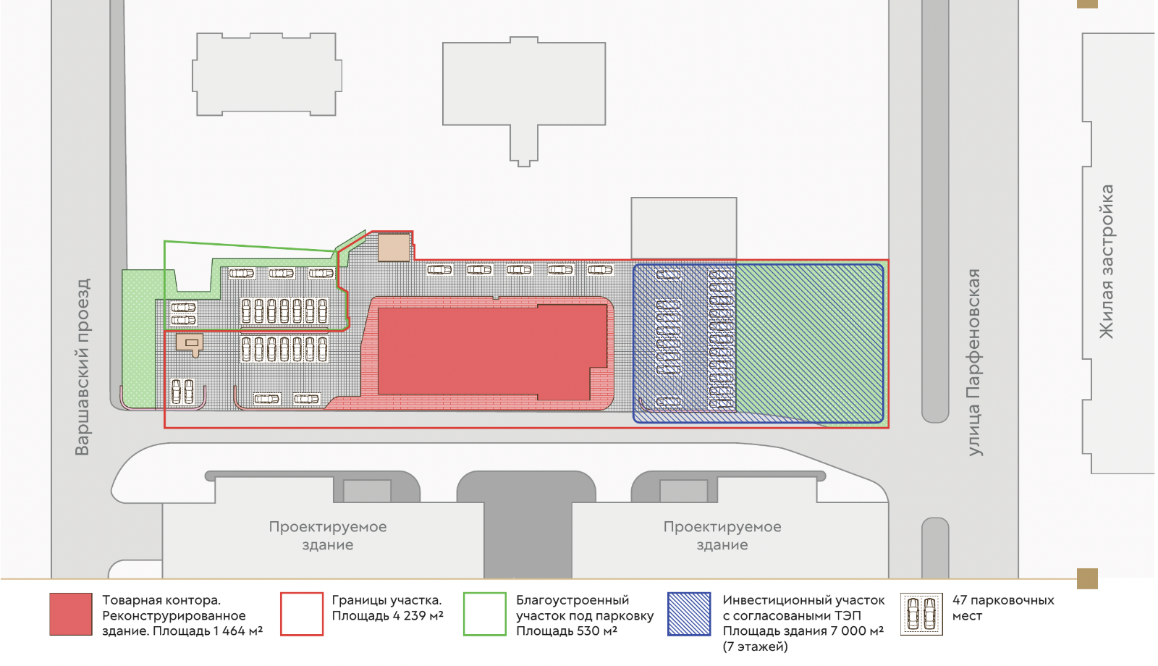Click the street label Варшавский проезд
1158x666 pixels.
[x=83, y=366]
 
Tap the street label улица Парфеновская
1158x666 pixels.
[x=974, y=362]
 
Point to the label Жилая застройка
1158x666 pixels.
[x=1107, y=261]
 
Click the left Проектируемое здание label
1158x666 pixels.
[x=328, y=536]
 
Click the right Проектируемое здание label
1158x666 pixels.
[x=722, y=536]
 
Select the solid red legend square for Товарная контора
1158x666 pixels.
[x=71, y=615]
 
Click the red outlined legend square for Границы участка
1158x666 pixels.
[x=302, y=615]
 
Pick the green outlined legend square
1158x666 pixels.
[x=485, y=615]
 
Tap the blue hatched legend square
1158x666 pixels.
[x=689, y=615]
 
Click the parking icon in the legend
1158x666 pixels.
[x=922, y=615]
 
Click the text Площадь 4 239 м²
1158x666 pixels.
[x=388, y=616]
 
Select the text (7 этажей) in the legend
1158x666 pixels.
[x=756, y=647]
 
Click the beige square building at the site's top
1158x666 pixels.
[x=394, y=248]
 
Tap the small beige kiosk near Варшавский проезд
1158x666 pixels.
[x=189, y=344]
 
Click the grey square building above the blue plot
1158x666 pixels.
[x=684, y=228]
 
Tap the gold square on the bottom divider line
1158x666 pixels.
[x=1087, y=578]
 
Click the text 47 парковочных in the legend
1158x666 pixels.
[x=1003, y=600]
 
